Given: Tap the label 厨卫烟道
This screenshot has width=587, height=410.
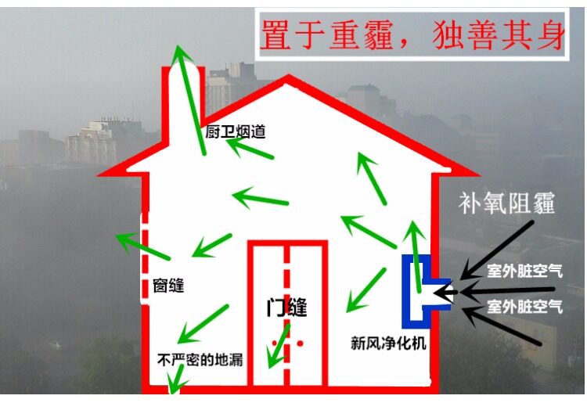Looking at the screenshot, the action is (236, 132).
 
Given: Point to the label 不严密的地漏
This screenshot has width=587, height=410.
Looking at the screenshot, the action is (200, 360).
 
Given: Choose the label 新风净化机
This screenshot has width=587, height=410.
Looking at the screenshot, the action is (388, 343).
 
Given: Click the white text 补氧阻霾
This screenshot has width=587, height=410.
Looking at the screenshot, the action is (507, 205).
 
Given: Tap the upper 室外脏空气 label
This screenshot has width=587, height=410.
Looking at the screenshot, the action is (535, 271).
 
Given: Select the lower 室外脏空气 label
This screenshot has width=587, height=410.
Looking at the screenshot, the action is (535, 305).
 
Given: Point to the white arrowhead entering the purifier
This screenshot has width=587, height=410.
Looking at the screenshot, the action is (443, 293).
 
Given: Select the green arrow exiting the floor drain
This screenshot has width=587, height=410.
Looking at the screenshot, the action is (177, 381).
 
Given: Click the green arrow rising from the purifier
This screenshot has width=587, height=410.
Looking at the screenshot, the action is (415, 246).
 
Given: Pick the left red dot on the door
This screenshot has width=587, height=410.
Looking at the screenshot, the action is (273, 343).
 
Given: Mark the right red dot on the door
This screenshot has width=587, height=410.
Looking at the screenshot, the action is (299, 343).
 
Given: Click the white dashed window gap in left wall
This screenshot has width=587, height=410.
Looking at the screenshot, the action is (142, 258).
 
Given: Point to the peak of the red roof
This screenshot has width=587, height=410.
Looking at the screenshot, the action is (288, 78).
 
